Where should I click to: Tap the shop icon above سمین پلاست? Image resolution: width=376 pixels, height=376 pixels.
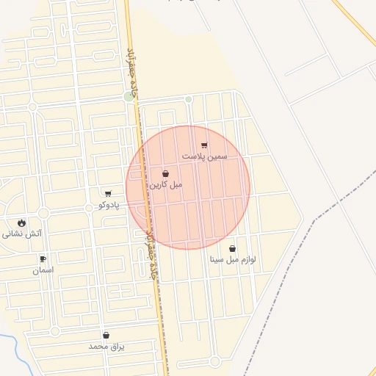pos(204,145)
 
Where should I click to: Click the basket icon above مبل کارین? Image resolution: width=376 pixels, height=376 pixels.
pos(165,174)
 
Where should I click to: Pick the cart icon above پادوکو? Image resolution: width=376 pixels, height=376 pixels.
pos(109,194)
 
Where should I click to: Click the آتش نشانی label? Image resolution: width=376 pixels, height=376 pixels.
pos(22,234)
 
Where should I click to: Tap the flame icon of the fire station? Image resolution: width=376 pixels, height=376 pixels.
pos(21,223)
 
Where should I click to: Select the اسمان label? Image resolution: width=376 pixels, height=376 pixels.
pos(43,270)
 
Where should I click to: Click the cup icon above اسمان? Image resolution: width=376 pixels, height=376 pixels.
pos(43,258)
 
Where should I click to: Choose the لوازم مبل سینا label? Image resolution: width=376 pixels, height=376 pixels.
pos(233,260)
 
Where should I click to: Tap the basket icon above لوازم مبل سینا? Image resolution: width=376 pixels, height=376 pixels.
pos(233,248)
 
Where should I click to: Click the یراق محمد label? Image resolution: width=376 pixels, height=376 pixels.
pos(106,346)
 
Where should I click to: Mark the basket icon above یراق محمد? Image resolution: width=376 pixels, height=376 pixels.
pos(106,335)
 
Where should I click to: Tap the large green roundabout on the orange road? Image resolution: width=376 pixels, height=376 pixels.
pos(130,96)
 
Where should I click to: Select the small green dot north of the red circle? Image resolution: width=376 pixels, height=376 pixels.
pos(189,99)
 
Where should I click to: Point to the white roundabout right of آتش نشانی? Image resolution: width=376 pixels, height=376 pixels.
pos(43,213)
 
